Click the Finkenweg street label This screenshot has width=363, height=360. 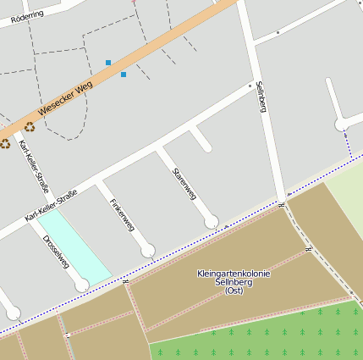[122, 215]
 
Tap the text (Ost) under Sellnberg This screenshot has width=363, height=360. [234, 291]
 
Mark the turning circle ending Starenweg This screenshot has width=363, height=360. [212, 222]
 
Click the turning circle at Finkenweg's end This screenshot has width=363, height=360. [148, 250]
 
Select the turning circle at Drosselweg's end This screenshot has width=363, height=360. [81, 285]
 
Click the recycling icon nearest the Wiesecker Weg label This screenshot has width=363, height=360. [30, 127]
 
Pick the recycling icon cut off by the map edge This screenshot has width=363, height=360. [4, 143]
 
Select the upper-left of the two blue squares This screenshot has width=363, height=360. [108, 63]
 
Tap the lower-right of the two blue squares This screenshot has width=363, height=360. [124, 75]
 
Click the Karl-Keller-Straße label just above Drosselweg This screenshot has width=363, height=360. [51, 206]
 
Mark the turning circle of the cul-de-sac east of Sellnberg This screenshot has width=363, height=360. [341, 125]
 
